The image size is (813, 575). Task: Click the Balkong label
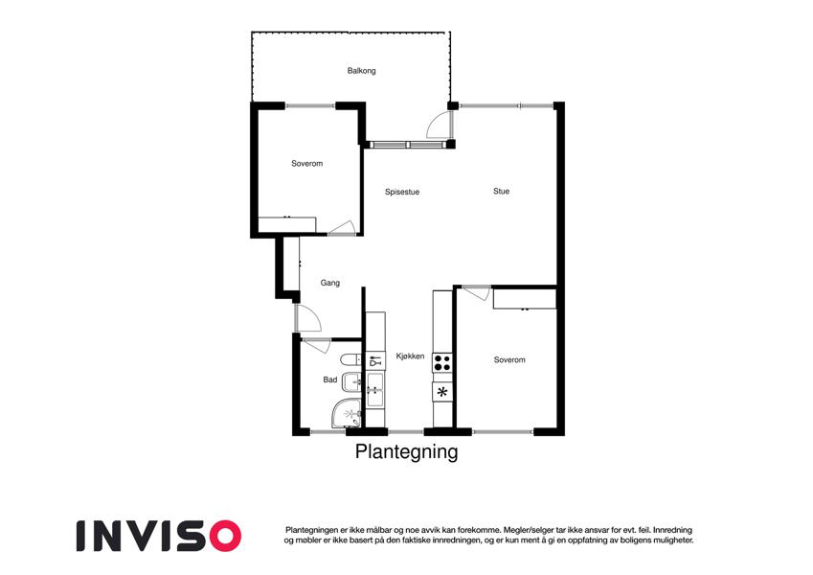point(361,71)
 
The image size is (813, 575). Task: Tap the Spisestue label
point(402,192)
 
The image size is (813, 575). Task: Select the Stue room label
point(501,191)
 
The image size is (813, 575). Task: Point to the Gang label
point(329,283)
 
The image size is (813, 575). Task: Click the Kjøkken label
point(410,356)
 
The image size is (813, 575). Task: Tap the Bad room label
point(329,379)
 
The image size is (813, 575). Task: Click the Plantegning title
point(406,451)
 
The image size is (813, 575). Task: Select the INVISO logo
point(159,536)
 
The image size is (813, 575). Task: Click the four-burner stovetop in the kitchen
point(442,362)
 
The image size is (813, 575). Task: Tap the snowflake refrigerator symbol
point(442,392)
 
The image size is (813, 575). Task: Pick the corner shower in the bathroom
point(347,414)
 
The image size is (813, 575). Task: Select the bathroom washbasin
point(352,382)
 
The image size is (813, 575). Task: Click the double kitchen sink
point(375,389)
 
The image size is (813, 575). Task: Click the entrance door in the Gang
point(308,318)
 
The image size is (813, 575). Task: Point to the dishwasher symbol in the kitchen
point(375,360)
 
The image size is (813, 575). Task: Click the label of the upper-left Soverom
point(307,164)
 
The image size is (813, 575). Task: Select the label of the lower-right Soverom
point(509,359)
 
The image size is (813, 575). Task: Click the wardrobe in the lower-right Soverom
point(524,299)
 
